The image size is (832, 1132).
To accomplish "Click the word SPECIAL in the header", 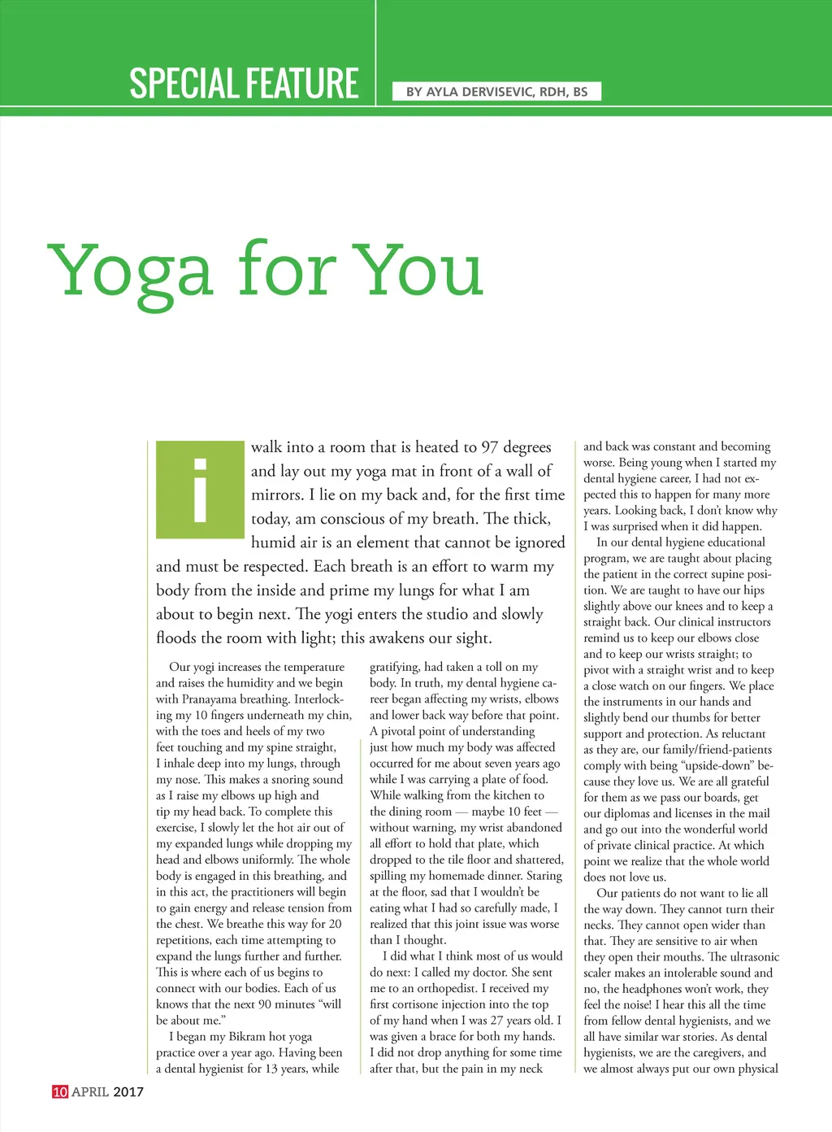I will [x=171, y=84].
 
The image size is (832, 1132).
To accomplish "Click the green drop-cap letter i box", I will [x=200, y=490].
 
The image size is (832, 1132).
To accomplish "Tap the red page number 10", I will [x=60, y=1091].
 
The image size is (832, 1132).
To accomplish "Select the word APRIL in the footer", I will [x=90, y=1091].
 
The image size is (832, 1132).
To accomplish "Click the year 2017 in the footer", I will [x=128, y=1091].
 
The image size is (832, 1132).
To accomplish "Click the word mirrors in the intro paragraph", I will [x=277, y=494].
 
